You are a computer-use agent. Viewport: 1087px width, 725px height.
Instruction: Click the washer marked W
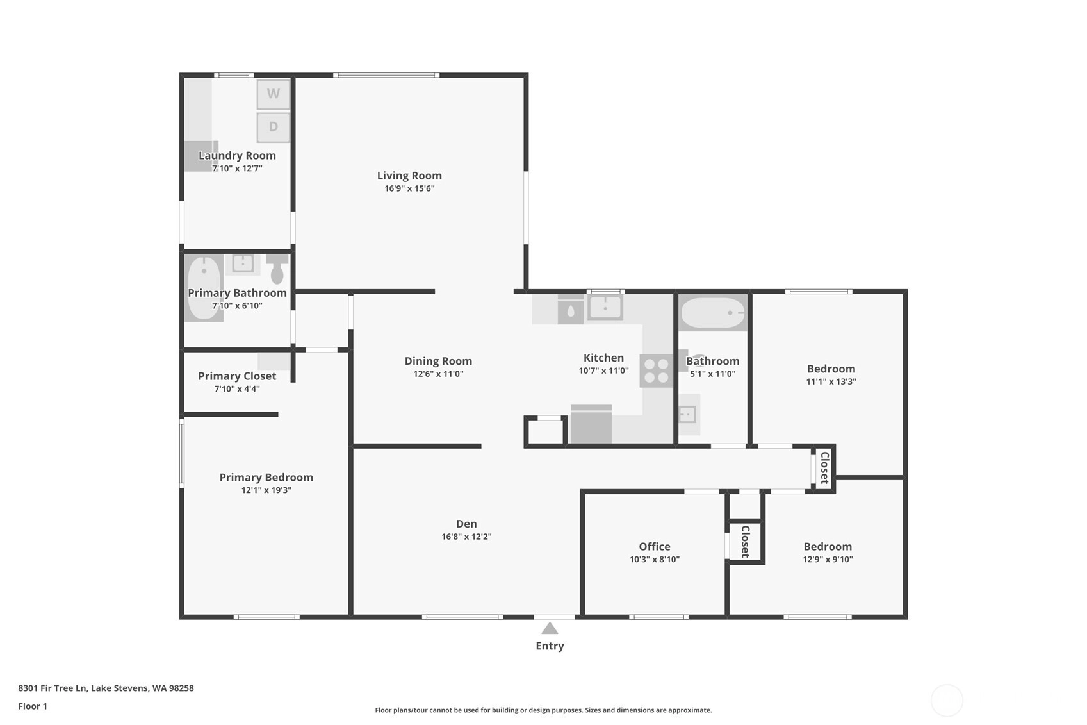point(274,94)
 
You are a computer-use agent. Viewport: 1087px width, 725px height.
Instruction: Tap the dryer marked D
point(274,127)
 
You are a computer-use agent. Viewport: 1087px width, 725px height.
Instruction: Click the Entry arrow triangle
point(550,628)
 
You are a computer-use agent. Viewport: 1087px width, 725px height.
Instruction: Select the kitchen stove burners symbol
point(656,371)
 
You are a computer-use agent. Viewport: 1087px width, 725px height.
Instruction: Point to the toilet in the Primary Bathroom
point(277,269)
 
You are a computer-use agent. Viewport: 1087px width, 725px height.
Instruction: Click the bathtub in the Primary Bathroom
point(204,287)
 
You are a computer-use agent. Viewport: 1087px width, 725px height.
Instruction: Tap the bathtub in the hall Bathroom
point(713,313)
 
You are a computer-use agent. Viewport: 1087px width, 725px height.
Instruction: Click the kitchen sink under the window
point(605,308)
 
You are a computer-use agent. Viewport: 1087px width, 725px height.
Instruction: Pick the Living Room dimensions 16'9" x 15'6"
point(409,188)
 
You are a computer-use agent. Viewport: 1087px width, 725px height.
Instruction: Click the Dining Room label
point(438,361)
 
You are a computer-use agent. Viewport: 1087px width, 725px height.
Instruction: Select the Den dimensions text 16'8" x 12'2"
point(466,537)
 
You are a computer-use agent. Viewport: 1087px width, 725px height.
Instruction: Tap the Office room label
point(655,546)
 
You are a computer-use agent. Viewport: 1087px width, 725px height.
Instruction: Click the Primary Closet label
point(237,376)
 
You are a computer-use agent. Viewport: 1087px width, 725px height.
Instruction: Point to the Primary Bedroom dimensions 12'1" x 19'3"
point(266,490)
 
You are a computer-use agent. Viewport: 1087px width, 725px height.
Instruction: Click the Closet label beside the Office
point(746,542)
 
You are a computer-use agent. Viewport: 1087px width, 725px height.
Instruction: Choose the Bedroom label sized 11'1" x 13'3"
point(831,369)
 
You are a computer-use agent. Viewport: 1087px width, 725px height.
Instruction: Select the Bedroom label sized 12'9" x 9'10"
point(828,546)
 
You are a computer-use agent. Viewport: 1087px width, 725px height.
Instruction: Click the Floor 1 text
point(33,706)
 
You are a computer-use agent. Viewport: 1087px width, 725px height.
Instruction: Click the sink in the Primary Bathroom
point(243,263)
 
